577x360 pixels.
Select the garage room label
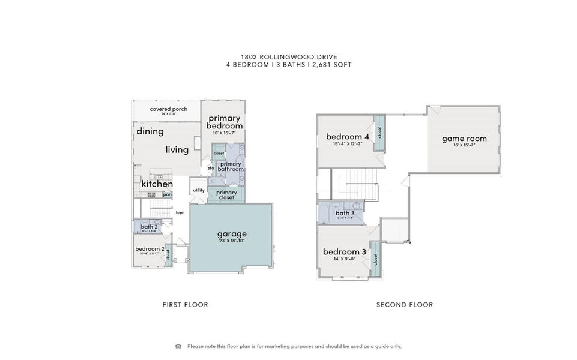(232, 234)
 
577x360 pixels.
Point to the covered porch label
(168, 109)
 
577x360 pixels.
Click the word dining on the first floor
(150, 131)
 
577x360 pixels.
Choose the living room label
(177, 150)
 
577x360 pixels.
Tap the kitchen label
(157, 184)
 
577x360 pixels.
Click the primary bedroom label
(225, 122)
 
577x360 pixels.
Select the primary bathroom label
(231, 167)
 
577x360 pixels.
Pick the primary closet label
(226, 194)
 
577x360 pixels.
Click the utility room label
(199, 190)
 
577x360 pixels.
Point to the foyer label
(180, 212)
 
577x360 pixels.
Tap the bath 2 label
(149, 227)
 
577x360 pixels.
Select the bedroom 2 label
(149, 249)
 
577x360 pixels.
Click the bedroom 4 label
(347, 136)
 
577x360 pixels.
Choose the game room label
(464, 139)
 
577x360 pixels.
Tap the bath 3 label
(345, 213)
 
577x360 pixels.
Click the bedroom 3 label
(345, 251)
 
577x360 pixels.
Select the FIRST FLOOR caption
(185, 305)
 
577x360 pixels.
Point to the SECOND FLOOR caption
(404, 305)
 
